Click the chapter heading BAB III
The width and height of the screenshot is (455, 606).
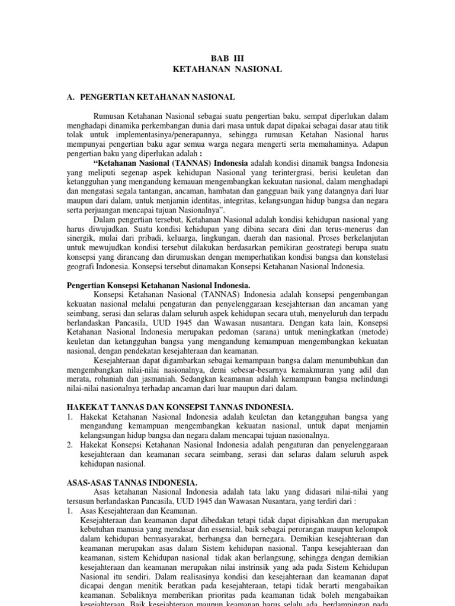tap(227, 58)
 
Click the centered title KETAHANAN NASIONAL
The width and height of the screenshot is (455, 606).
tap(227, 70)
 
